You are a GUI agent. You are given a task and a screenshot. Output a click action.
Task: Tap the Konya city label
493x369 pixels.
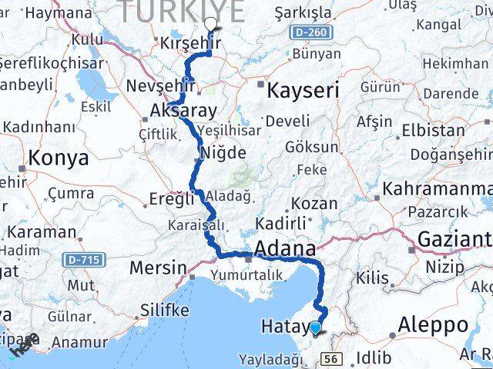[59, 158]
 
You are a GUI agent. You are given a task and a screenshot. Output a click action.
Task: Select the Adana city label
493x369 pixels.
[287, 249]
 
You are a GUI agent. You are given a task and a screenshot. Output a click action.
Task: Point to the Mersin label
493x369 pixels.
[159, 268]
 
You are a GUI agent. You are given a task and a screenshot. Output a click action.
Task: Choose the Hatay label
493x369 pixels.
[287, 326]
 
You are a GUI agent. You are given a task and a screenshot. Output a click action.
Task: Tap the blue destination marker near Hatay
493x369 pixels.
[316, 329]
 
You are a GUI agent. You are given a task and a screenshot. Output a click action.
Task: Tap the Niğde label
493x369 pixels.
[223, 153]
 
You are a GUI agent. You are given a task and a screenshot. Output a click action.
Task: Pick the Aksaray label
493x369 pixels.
[183, 111]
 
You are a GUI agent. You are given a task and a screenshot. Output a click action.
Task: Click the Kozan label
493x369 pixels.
[314, 204]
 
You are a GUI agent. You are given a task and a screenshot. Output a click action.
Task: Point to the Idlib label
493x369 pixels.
[374, 357]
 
